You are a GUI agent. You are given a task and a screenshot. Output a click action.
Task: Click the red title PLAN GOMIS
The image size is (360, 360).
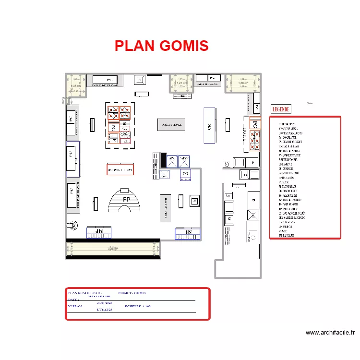161,46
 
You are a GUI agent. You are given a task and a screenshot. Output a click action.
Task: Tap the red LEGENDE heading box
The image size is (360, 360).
282,109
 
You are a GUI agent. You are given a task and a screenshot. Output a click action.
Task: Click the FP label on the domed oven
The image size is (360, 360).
127,199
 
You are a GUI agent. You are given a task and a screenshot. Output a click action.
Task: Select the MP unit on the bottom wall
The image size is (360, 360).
99,232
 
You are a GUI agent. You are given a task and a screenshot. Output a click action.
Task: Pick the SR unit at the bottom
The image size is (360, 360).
188,233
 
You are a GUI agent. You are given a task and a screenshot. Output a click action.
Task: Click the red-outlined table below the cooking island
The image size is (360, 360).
120,169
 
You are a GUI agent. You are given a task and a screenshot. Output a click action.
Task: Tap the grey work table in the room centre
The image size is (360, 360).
170,124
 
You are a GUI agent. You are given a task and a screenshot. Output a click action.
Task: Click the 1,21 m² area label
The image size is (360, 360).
180,83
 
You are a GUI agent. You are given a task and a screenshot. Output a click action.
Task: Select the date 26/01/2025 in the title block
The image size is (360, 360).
104,303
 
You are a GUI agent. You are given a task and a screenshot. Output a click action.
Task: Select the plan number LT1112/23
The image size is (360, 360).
104,310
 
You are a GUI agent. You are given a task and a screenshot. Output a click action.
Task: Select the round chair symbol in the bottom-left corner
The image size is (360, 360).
72,224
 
